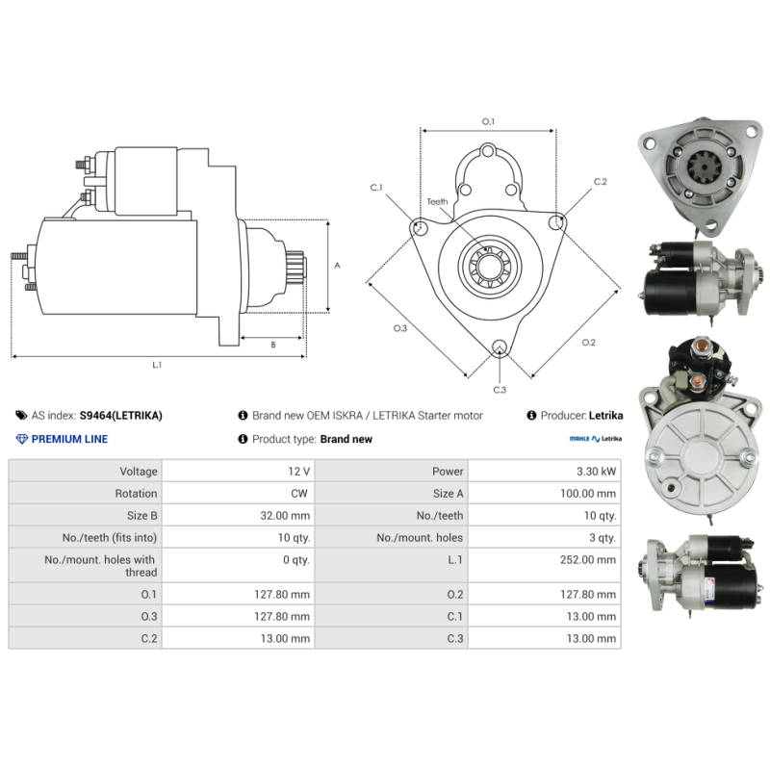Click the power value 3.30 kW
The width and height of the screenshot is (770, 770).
[596, 472]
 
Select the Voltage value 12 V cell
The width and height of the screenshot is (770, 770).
[238, 471]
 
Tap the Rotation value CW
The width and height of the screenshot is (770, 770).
[299, 494]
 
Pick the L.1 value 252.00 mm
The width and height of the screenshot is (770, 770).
[588, 560]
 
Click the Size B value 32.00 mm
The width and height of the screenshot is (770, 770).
[285, 516]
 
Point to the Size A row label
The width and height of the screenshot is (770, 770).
[448, 494]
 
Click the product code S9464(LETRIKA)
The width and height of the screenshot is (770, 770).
[121, 416]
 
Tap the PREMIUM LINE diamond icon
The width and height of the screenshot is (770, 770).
[21, 439]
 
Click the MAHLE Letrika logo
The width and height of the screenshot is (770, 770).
[595, 439]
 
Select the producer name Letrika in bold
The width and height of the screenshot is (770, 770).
[605, 416]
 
